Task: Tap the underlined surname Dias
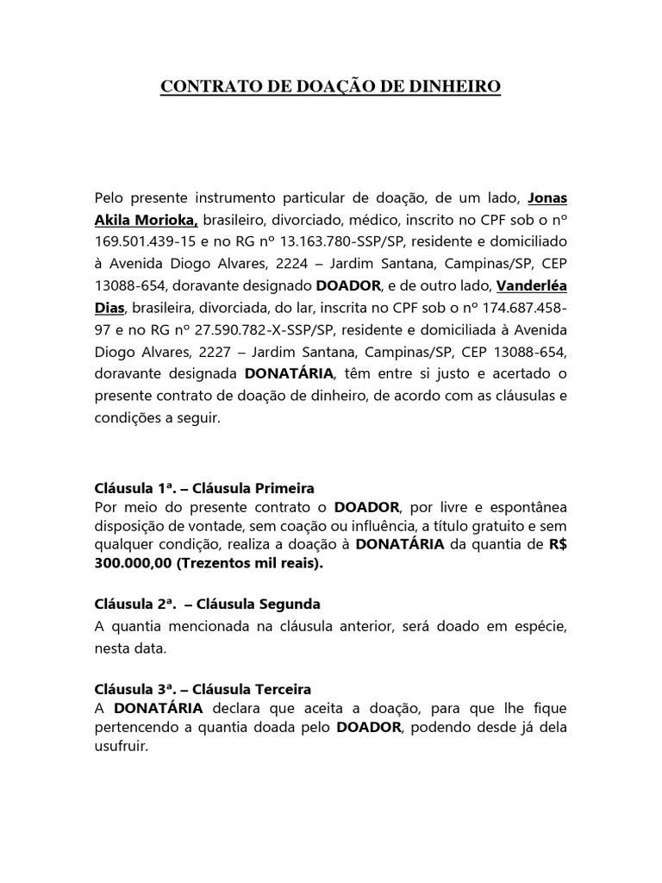point(109,309)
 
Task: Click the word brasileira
point(166,309)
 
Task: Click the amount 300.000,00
point(138,563)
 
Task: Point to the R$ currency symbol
point(557,544)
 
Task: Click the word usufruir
point(121,748)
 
